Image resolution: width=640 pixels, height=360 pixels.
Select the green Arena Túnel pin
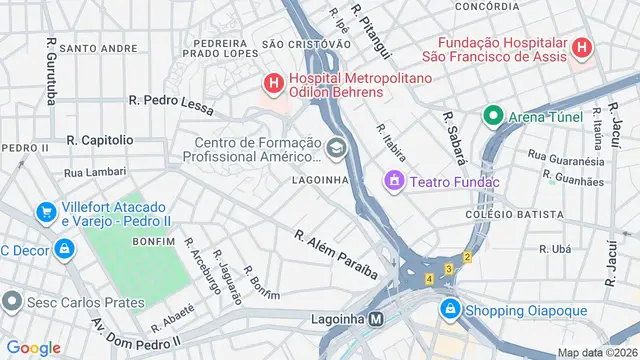[492, 116]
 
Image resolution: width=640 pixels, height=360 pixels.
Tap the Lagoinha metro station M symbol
[377, 320]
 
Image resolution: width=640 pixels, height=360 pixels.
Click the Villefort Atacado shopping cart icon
[45, 212]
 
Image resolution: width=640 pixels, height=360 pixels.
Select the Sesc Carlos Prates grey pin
[13, 301]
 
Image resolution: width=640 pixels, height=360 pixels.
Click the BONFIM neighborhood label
[153, 242]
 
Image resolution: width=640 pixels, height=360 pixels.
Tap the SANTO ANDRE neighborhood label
[98, 47]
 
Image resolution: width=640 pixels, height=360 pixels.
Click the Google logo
[34, 348]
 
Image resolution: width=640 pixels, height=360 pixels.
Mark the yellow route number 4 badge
[429, 278]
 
